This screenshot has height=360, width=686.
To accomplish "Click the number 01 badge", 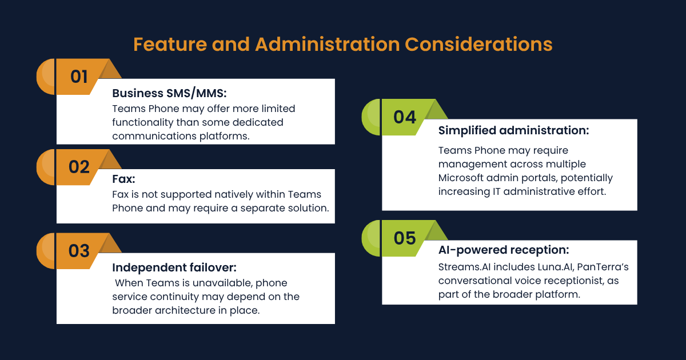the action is click(x=79, y=77).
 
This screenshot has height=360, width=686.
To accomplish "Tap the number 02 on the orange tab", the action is click(x=79, y=167).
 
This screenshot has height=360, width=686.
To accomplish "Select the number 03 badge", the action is click(x=79, y=251).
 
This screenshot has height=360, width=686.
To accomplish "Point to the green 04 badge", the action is click(x=405, y=117).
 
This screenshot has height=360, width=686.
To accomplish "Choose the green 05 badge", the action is click(x=405, y=238).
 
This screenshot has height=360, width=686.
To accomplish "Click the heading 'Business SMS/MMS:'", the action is click(x=169, y=93).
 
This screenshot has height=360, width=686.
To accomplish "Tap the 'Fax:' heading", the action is click(x=123, y=179).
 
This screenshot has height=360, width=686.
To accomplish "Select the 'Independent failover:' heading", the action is click(x=174, y=267).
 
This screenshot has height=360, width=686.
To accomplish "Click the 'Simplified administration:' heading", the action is click(x=513, y=130).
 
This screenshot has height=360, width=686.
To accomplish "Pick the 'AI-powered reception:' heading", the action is click(x=504, y=250).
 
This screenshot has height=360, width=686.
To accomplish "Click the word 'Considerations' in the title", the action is click(x=478, y=45).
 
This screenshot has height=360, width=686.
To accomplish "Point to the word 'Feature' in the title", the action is click(x=170, y=45).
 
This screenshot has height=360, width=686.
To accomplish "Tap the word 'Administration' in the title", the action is click(x=328, y=45).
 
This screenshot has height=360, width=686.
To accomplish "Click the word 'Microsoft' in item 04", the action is click(x=461, y=178).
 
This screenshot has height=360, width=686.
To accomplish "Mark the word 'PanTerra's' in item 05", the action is click(x=603, y=267).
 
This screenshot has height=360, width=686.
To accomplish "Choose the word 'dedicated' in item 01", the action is click(x=258, y=122).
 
